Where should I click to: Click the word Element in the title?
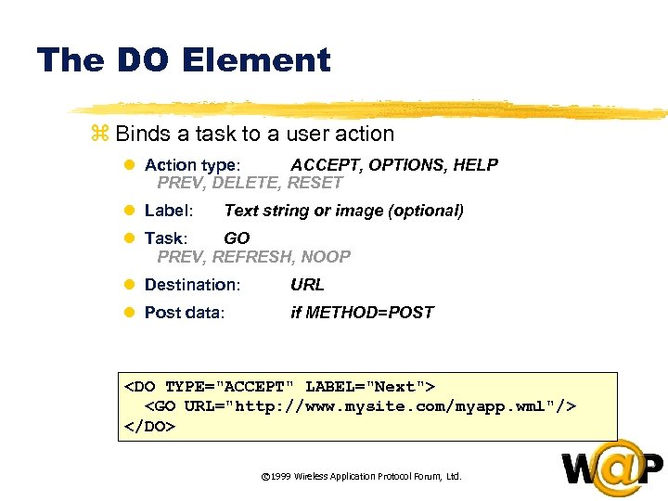(x=256, y=60)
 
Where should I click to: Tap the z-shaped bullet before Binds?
(x=100, y=135)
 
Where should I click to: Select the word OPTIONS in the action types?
(x=405, y=165)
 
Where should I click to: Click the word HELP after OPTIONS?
(x=475, y=165)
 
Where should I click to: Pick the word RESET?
(x=315, y=183)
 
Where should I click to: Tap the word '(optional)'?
(x=423, y=211)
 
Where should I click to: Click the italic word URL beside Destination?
(x=307, y=285)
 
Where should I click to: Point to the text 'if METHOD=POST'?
(x=362, y=313)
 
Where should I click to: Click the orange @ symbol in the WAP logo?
(x=611, y=468)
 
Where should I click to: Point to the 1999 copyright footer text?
(x=361, y=477)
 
